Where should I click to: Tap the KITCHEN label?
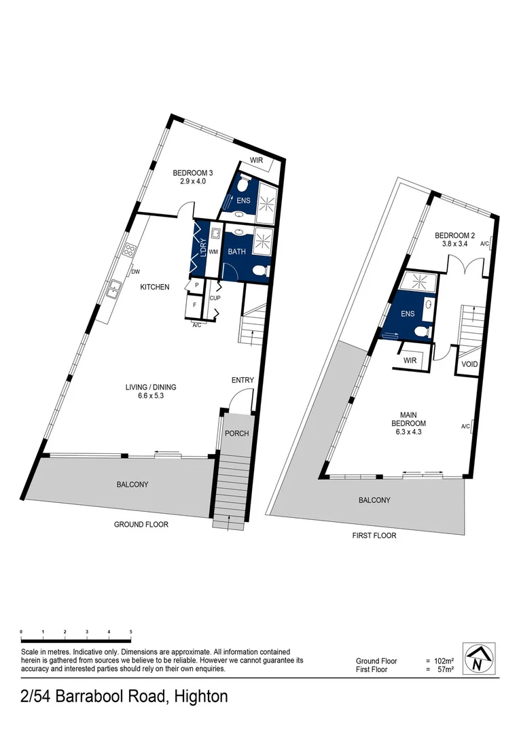[155, 287]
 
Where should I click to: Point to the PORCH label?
[236, 434]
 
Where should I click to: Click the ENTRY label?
[243, 381]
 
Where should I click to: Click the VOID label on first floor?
[469, 364]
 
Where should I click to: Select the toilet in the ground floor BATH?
[259, 271]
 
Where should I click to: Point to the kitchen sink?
[115, 287]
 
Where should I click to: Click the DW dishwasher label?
[135, 271]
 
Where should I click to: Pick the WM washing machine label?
[213, 252]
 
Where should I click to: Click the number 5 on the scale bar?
[130, 632]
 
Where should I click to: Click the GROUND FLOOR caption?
[141, 525]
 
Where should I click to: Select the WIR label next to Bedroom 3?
[257, 161]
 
